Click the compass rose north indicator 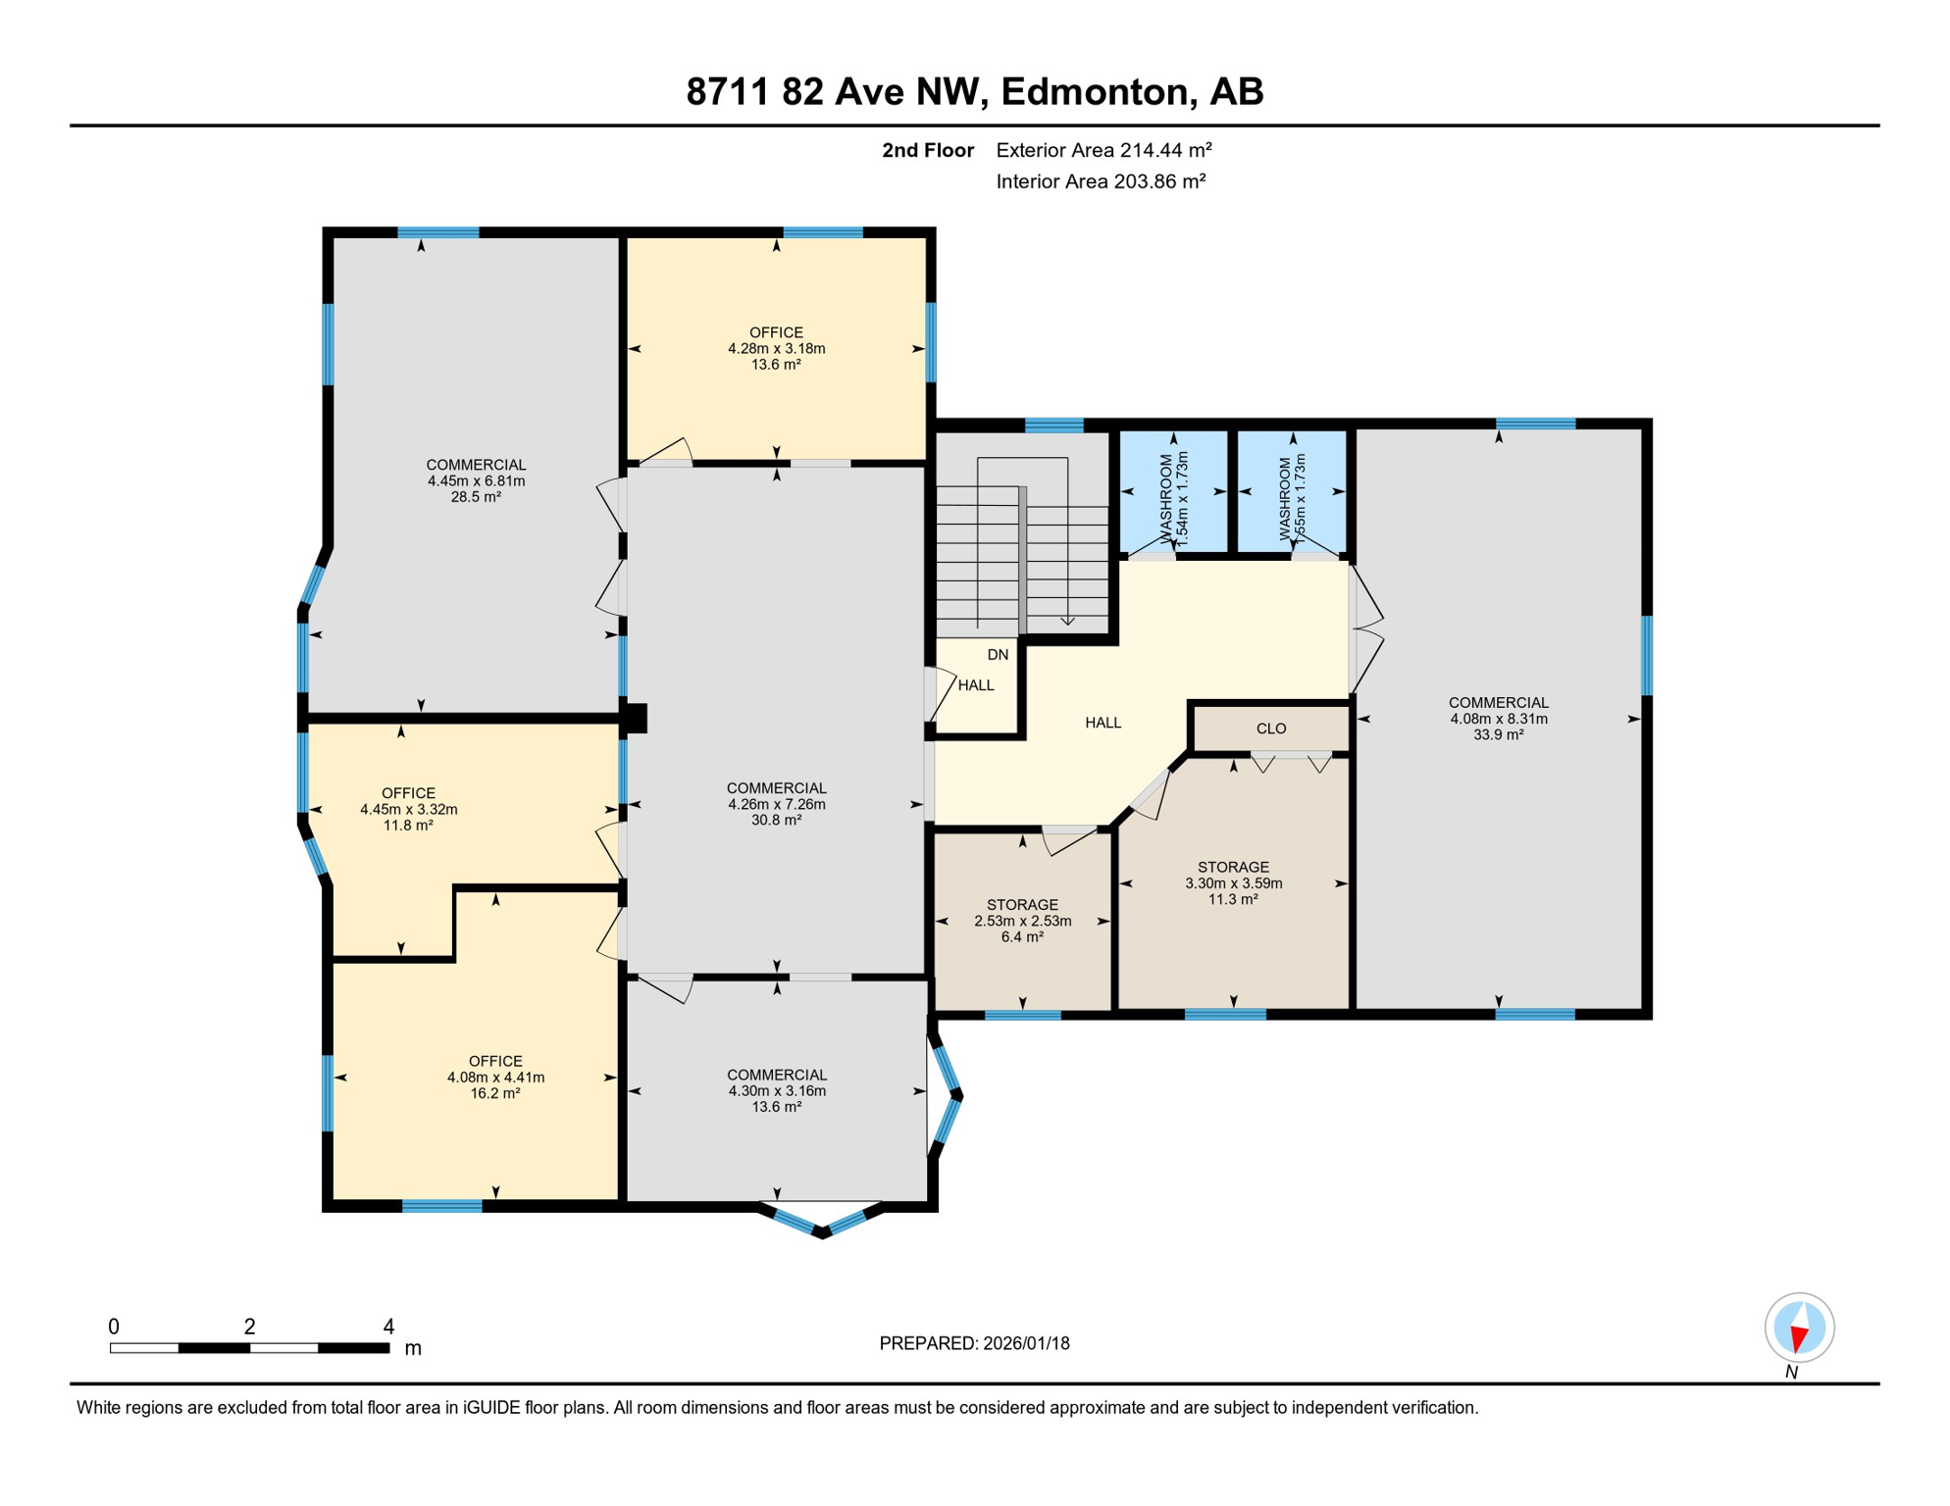pyautogui.click(x=1799, y=1329)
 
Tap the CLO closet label pyautogui.click(x=1271, y=728)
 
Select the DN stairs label pyautogui.click(x=998, y=655)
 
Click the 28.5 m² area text pyautogui.click(x=476, y=497)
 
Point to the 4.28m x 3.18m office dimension pyautogui.click(x=776, y=349)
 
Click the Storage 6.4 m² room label pyautogui.click(x=1022, y=905)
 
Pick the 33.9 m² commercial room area pyautogui.click(x=1498, y=734)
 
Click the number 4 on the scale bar pyautogui.click(x=388, y=1327)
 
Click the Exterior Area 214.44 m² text pyautogui.click(x=1103, y=150)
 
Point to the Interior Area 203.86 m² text pyautogui.click(x=1101, y=181)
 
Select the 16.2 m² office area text pyautogui.click(x=494, y=1093)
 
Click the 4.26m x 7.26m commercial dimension pyautogui.click(x=776, y=805)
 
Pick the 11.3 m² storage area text pyautogui.click(x=1233, y=899)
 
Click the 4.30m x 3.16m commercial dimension pyautogui.click(x=777, y=1091)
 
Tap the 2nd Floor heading pyautogui.click(x=927, y=150)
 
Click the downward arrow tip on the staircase pyautogui.click(x=1067, y=623)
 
